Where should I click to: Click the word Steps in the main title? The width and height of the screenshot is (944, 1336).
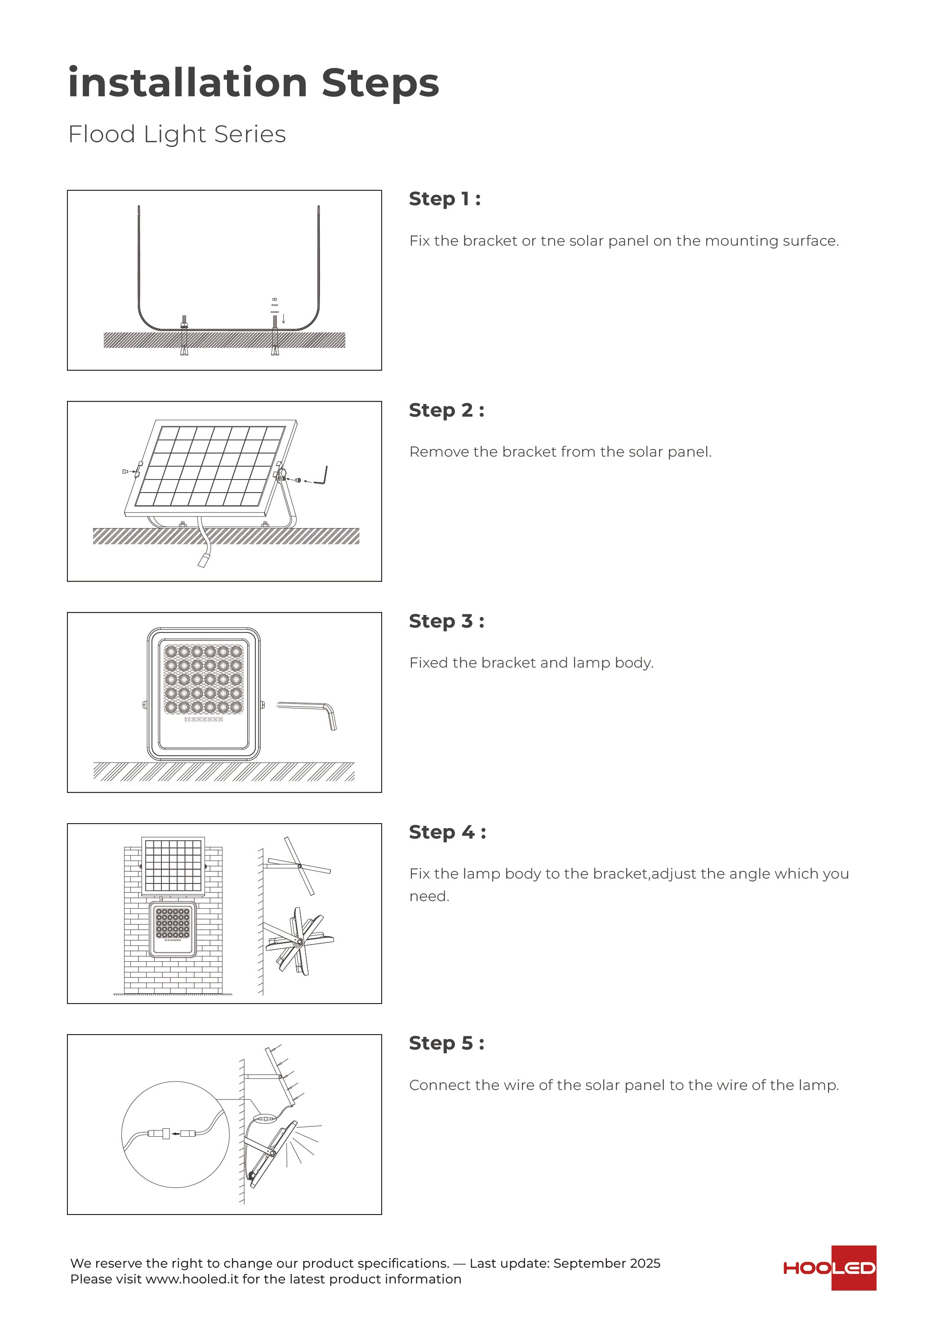point(380,83)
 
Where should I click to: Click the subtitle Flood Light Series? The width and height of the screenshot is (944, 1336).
point(177,134)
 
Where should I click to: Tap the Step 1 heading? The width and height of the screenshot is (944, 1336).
point(445,199)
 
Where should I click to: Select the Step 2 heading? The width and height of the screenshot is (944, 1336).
point(446,410)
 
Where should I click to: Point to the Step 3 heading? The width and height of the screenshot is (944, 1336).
point(446,622)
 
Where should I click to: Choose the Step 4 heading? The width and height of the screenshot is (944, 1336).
point(447,832)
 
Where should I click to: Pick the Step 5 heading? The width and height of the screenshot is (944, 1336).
point(446,1043)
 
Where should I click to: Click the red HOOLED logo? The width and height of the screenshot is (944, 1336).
point(829,1268)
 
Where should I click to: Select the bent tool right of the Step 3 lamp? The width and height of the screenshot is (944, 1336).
point(308,713)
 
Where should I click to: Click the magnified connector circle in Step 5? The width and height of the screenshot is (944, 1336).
point(175,1134)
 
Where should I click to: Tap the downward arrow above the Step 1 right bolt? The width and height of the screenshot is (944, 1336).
point(283,319)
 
